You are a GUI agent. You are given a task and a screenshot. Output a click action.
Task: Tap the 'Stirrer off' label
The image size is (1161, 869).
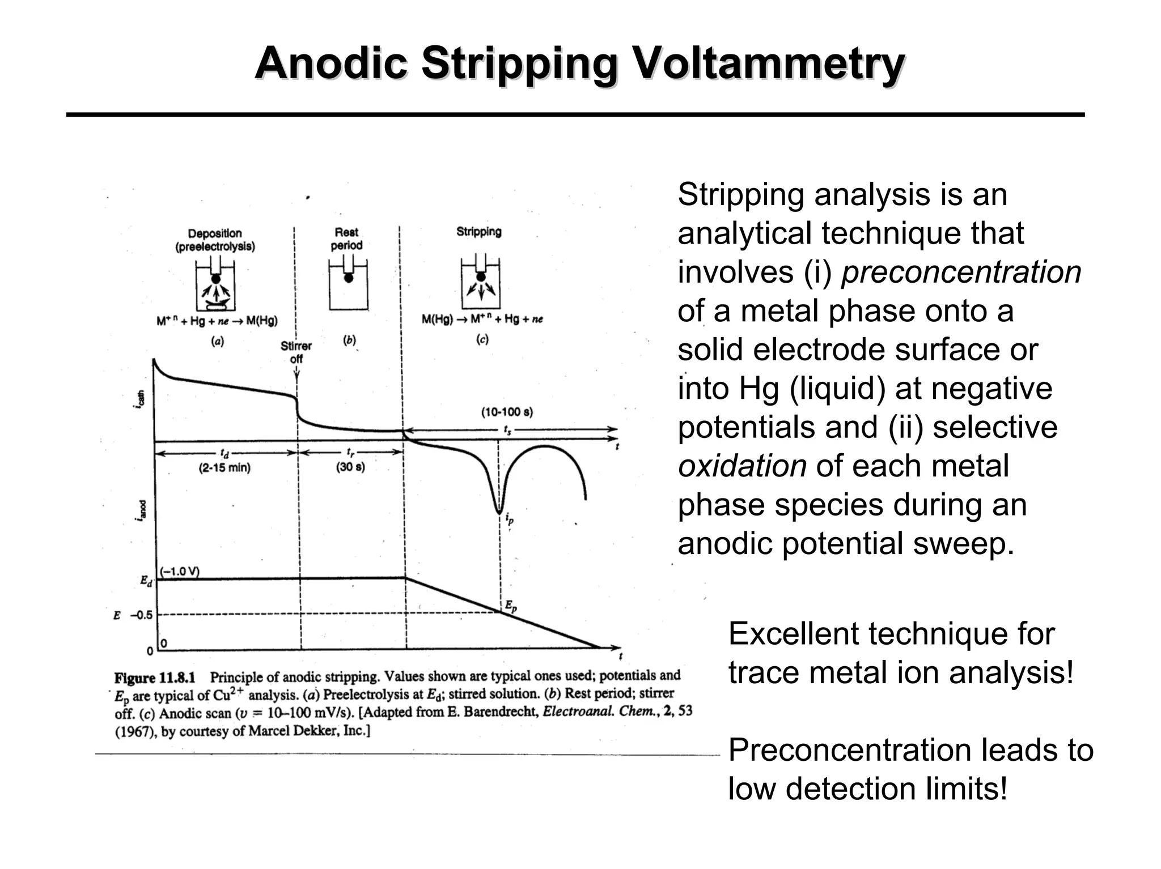296,352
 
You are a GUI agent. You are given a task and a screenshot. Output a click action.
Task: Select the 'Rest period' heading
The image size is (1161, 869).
346,238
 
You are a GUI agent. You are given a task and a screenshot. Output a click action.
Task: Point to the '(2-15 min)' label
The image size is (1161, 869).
224,468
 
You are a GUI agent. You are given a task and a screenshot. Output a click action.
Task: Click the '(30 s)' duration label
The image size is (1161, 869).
350,467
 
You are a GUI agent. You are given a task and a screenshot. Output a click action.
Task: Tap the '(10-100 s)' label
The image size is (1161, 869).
507,412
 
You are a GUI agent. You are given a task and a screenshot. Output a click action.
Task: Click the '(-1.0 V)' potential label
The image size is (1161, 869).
179,570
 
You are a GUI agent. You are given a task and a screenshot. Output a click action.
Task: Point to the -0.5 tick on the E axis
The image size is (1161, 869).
142,615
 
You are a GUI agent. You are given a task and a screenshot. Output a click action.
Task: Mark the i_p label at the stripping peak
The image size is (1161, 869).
510,518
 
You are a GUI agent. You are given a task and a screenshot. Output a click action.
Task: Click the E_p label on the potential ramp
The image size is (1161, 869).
511,607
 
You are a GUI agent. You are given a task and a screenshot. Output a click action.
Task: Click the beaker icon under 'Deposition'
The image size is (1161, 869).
215,284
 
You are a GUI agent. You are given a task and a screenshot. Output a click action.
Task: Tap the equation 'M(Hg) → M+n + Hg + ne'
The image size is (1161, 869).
482,320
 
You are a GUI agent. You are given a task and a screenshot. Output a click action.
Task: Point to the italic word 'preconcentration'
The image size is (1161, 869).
961,272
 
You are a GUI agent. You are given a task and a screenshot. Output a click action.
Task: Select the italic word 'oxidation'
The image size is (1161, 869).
742,466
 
